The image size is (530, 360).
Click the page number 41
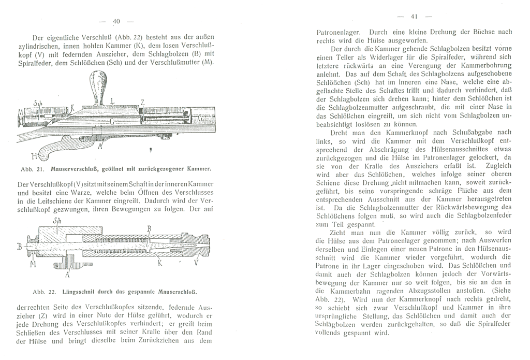coord(414,16)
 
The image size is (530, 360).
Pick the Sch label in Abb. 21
coord(37,103)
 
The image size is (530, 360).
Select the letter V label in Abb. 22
coord(195,263)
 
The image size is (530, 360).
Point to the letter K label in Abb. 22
coord(160,263)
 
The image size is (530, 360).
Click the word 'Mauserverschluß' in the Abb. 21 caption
coord(68,169)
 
